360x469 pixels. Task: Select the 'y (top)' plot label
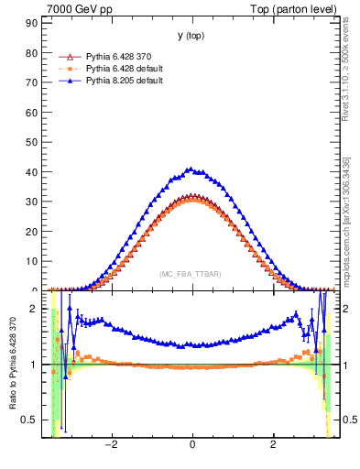coord(191,36)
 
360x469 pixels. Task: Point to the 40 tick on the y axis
coord(33,172)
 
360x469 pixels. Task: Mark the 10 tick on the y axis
coord(33,261)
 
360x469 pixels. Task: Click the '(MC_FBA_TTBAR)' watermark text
coord(191,275)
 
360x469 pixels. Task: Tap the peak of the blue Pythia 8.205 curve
coord(190,169)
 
